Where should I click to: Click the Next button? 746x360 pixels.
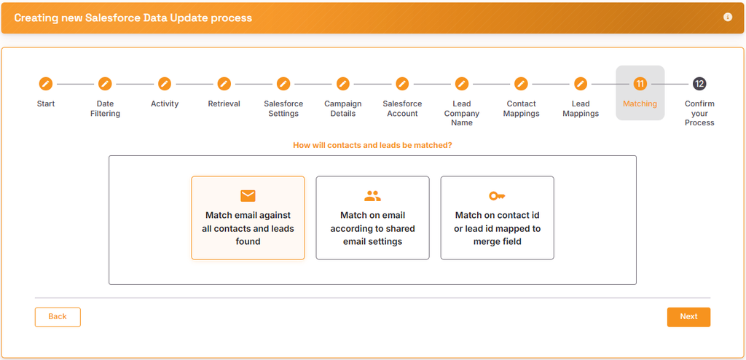688,317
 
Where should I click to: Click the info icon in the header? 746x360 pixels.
728,17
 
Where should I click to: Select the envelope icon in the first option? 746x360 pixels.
248,196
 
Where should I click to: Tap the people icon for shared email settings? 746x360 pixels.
372,196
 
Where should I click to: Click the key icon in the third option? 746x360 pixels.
497,196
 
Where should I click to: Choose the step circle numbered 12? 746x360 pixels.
699,84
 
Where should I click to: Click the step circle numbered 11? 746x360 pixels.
640,84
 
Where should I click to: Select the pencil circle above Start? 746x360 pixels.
46,84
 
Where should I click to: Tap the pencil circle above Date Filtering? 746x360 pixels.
105,84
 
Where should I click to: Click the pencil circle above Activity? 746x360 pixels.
165,84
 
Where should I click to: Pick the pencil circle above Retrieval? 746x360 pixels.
224,84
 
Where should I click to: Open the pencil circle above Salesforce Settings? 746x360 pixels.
283,84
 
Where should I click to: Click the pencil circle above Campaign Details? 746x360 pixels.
343,84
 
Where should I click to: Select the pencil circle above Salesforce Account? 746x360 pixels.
402,84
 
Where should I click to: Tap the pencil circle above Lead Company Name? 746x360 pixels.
461,84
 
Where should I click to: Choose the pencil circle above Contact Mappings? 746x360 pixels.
521,84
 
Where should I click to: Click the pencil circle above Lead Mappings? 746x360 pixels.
581,84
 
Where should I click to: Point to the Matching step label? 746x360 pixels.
640,103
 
